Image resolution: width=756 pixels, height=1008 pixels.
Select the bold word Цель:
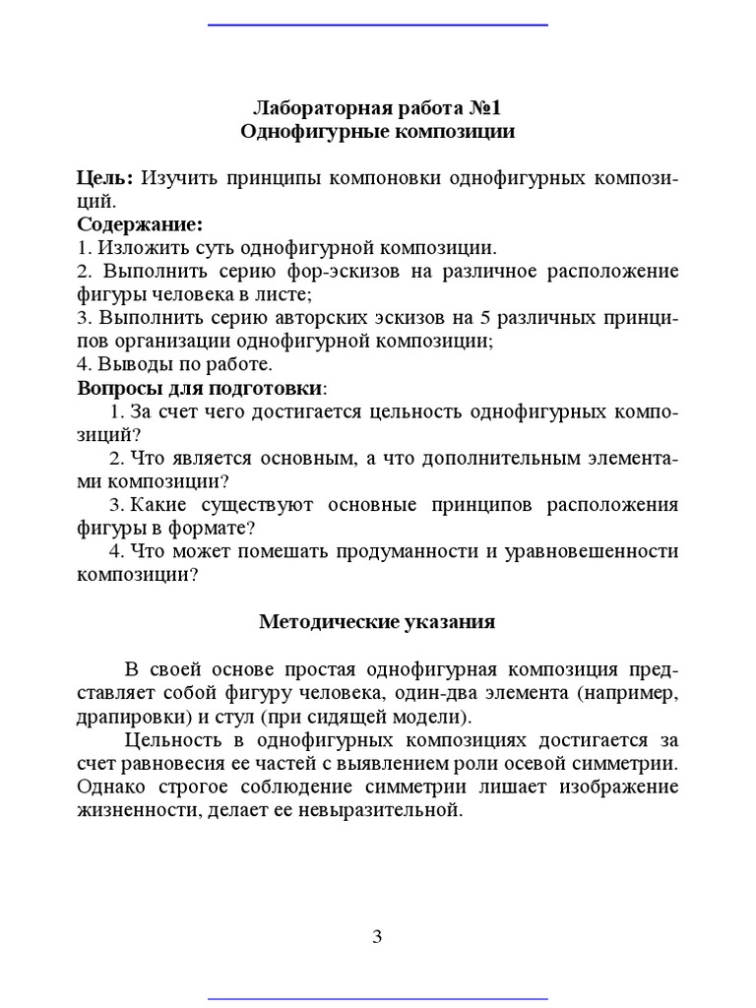point(105,178)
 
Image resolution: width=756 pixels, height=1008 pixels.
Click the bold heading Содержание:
point(140,224)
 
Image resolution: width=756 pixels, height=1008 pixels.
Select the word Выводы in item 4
point(125,365)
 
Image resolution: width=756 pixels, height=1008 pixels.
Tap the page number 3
point(377,937)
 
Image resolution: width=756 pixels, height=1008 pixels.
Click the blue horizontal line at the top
point(378,24)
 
